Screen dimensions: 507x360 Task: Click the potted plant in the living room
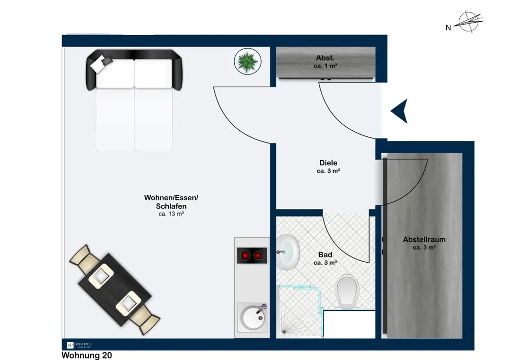[x=247, y=61]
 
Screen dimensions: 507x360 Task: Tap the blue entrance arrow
[x=400, y=111]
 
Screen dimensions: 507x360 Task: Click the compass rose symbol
[x=468, y=22]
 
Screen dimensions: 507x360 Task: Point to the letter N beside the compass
[x=448, y=28]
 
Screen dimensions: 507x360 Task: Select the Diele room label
[x=328, y=163]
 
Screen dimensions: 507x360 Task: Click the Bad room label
[x=325, y=255]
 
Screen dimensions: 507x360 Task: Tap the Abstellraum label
[x=424, y=240]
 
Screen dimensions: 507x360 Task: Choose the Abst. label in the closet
[x=325, y=58]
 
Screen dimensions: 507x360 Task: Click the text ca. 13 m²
[x=171, y=214]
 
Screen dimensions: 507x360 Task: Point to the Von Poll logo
[x=80, y=345]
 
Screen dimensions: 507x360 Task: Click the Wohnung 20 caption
[x=87, y=355]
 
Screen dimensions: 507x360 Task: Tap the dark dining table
[x=115, y=290]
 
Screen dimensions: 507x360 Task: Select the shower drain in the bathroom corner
[x=284, y=332]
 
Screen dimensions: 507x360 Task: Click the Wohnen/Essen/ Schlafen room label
[x=171, y=202]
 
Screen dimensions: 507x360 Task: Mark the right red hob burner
[x=258, y=256]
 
